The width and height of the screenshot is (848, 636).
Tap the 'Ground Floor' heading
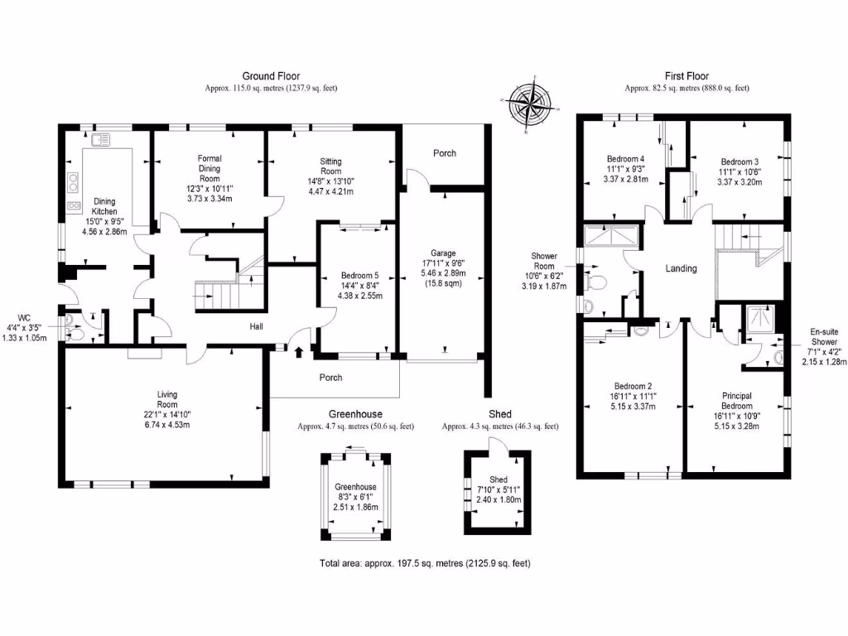coord(271,76)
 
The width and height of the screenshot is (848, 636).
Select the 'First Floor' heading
coord(687,76)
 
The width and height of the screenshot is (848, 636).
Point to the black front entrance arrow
coord(299,352)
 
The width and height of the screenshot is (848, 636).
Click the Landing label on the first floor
coord(681,268)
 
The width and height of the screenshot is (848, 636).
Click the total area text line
coord(424,563)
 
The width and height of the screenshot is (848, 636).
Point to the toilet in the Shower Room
coord(595,283)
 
